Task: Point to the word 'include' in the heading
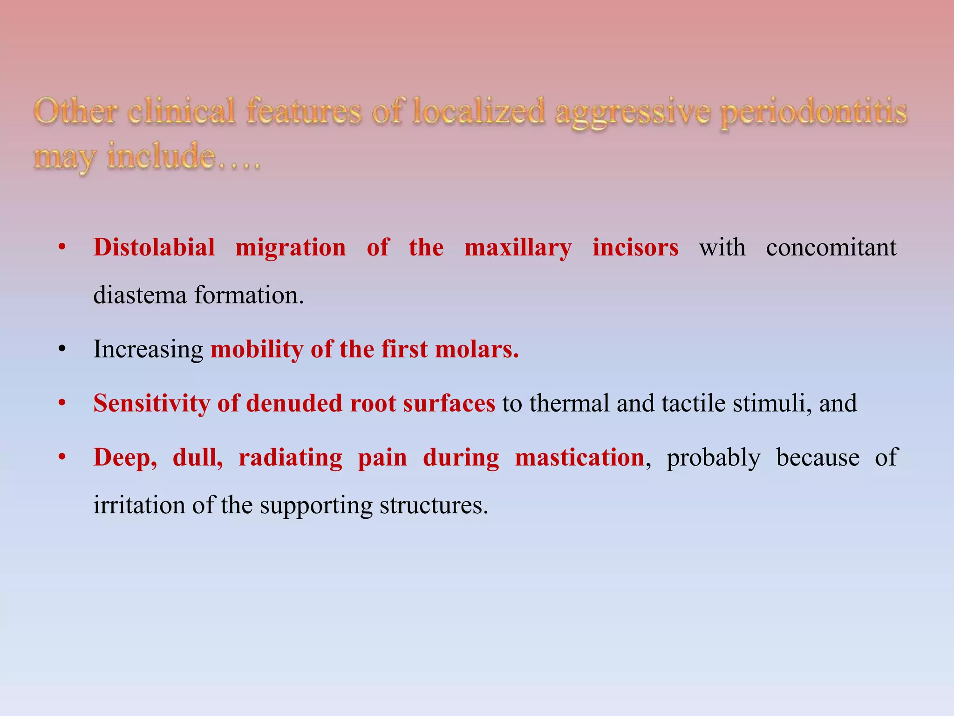coord(161,157)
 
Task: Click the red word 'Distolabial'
coord(154,247)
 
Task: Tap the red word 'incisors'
coord(635,248)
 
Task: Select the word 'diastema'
coord(140,295)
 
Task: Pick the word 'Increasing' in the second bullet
coord(148,350)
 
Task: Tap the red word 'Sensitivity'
coord(151,404)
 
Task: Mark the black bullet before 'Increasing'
coord(62,349)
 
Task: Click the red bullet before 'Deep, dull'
coord(62,457)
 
